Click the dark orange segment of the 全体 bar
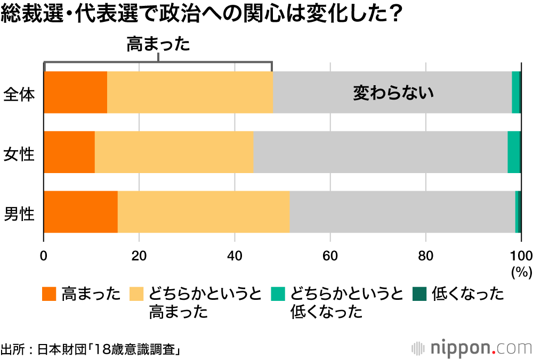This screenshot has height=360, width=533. tap(75, 92)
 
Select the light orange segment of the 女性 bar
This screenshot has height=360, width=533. tap(174, 152)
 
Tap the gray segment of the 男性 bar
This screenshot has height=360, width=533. tap(402, 211)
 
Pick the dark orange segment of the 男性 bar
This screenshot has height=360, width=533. tap(80, 211)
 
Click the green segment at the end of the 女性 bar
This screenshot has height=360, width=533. tap(513, 152)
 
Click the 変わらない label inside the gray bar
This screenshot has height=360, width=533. tap(393, 93)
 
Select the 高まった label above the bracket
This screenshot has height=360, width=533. tap(158, 45)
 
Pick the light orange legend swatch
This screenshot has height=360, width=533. tap(137, 293)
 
